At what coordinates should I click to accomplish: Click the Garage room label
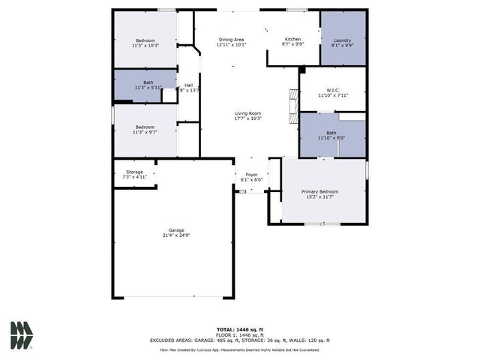[x=175, y=230]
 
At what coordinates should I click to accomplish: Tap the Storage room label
[x=134, y=172]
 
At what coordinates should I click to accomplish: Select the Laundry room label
[x=342, y=40]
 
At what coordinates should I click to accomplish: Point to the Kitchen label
[x=292, y=39]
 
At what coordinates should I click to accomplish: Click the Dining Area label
[x=231, y=40]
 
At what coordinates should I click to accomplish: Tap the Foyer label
[x=251, y=175]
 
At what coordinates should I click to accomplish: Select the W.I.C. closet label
[x=334, y=90]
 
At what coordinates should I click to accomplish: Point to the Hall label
[x=189, y=85]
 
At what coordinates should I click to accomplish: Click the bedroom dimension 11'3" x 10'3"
[x=145, y=45]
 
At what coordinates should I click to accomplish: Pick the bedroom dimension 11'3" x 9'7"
[x=145, y=132]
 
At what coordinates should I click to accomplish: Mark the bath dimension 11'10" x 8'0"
[x=331, y=139]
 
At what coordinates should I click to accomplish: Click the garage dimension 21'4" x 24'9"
[x=175, y=235]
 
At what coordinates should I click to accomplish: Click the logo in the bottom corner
[x=22, y=335]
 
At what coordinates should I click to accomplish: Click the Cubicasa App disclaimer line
[x=240, y=349]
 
